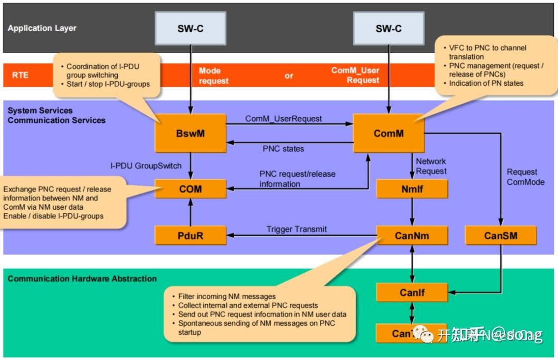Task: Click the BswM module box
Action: tap(190, 133)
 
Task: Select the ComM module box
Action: tap(389, 133)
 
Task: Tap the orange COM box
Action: tap(190, 189)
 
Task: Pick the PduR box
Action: tap(190, 236)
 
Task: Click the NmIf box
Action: tap(412, 189)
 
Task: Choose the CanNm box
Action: tap(412, 236)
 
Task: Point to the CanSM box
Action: tap(501, 236)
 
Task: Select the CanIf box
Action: tap(412, 293)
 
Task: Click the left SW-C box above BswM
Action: tap(190, 29)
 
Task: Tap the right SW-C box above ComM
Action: tap(389, 29)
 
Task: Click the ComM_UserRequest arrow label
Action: tap(284, 119)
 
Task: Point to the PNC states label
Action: tap(284, 149)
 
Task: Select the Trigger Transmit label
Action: tap(297, 229)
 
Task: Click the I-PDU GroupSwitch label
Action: tap(146, 166)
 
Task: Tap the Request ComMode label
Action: tap(525, 177)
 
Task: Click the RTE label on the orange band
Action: tap(20, 75)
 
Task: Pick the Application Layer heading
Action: tap(42, 28)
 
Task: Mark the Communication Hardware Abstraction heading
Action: tap(82, 279)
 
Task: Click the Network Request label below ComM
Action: tap(431, 166)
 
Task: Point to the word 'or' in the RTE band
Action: tap(289, 76)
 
